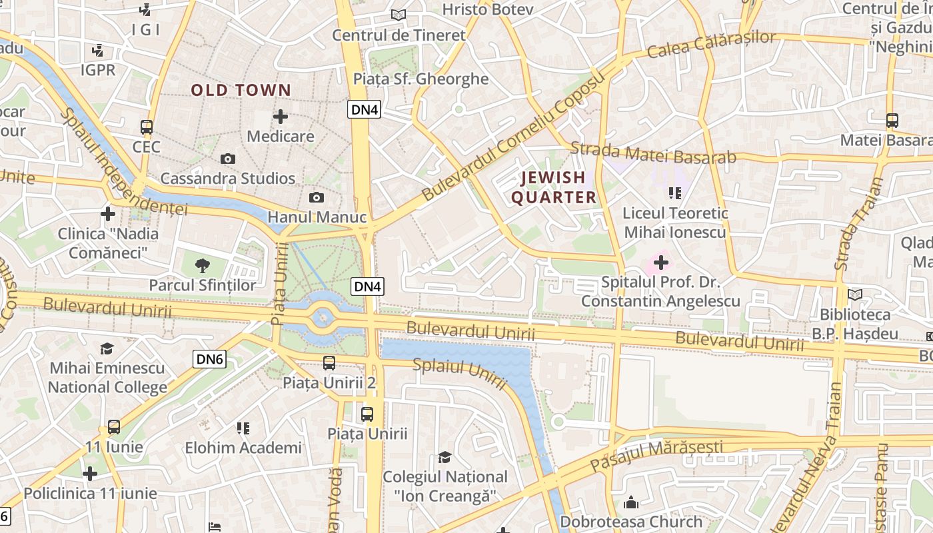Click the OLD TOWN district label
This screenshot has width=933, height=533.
coord(241,90)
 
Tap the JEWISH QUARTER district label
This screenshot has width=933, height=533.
coord(553,187)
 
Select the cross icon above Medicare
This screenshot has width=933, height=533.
coord(281,117)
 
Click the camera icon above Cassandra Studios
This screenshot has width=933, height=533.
coord(228,159)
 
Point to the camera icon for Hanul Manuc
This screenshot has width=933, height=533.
coord(317,197)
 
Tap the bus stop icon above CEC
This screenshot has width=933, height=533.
coord(147,127)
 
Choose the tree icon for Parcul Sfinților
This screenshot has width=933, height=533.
coord(202,266)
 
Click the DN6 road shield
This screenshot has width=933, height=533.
coord(210,359)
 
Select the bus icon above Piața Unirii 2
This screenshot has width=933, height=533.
coord(329,363)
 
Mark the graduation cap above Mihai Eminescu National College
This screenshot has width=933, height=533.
coord(107,348)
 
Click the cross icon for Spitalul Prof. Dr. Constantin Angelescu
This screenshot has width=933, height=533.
coord(660,263)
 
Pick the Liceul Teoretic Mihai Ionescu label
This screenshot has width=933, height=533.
coord(674,223)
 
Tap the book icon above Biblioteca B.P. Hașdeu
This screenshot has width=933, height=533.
coord(854,294)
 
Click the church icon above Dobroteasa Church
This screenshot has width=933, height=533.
coord(631,502)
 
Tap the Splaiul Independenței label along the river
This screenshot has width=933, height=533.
coord(123,162)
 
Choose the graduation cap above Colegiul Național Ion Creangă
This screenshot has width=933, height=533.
coord(445,457)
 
